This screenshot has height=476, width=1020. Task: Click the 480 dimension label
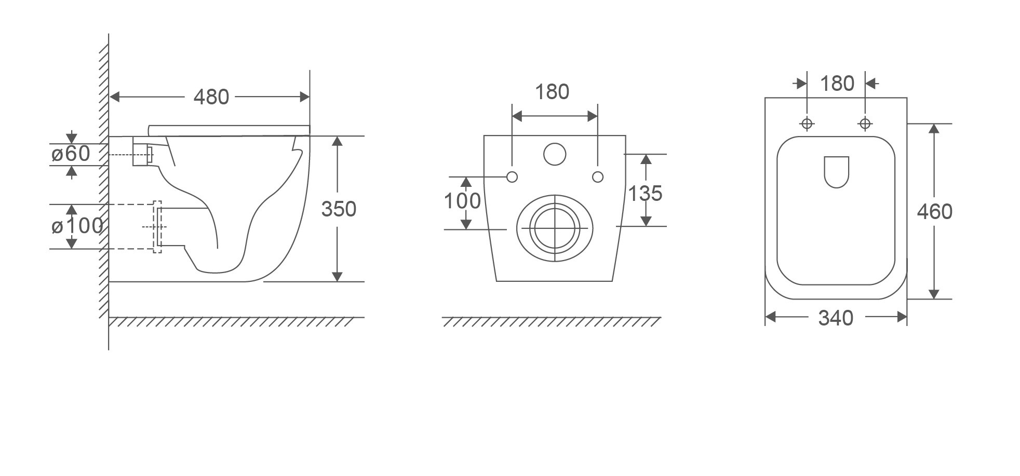[211, 97]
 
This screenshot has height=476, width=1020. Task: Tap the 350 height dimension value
[339, 209]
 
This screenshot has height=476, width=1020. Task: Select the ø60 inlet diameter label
[71, 154]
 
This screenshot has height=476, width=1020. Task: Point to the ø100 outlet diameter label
[77, 226]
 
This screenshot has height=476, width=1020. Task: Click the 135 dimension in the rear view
[646, 194]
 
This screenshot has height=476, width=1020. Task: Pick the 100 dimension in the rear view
[462, 201]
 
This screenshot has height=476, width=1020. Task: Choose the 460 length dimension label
[935, 212]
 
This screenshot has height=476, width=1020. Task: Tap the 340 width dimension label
[836, 318]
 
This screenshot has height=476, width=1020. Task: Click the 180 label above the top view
[837, 84]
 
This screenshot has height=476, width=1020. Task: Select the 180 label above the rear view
[552, 92]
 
